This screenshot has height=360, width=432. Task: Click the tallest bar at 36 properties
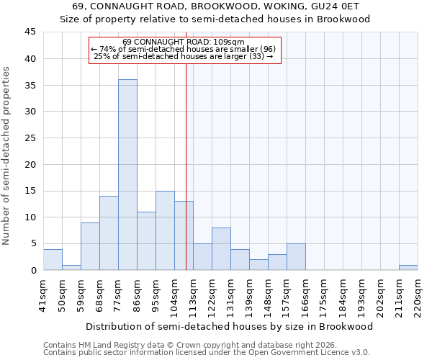pyautogui.click(x=127, y=174)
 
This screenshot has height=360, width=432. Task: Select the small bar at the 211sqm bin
pyautogui.click(x=408, y=268)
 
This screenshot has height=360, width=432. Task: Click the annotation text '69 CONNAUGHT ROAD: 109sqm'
pyautogui.click(x=184, y=42)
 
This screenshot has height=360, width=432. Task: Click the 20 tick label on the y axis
pyautogui.click(x=30, y=164)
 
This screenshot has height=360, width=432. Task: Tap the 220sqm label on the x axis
pyautogui.click(x=418, y=295)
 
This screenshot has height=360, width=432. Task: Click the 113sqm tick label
pyautogui.click(x=193, y=295)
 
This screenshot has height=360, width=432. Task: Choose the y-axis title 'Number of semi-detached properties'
pyautogui.click(x=7, y=156)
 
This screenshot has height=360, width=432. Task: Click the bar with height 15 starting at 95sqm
pyautogui.click(x=165, y=230)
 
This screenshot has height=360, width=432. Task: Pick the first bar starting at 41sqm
pyautogui.click(x=53, y=259)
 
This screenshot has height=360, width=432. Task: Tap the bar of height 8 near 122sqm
pyautogui.click(x=221, y=249)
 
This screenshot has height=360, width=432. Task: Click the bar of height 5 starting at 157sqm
pyautogui.click(x=296, y=257)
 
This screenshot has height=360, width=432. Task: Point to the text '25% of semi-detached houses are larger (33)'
pyautogui.click(x=184, y=56)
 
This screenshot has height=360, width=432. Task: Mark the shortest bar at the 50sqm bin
pyautogui.click(x=71, y=268)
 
